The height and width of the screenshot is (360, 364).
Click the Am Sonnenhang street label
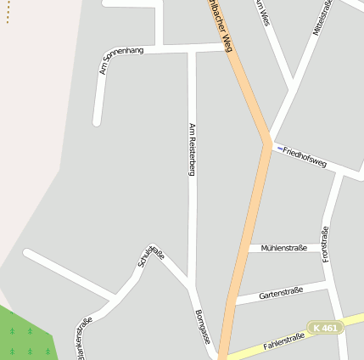click(121, 59)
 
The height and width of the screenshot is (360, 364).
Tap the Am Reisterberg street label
click(192, 149)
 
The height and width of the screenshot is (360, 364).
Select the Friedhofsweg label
click(305, 156)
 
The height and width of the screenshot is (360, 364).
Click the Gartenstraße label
click(281, 292)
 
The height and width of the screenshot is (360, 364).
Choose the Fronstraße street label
click(325, 244)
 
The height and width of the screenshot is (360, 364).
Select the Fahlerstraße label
click(283, 342)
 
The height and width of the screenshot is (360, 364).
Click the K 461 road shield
click(326, 327)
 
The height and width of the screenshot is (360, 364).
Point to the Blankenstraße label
click(84, 338)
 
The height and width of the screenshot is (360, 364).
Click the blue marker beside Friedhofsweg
click(278, 149)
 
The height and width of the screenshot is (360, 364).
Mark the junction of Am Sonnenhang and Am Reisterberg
click(192, 49)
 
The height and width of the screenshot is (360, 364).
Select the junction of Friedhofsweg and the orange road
click(268, 144)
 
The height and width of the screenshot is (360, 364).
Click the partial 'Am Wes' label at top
click(261, 12)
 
